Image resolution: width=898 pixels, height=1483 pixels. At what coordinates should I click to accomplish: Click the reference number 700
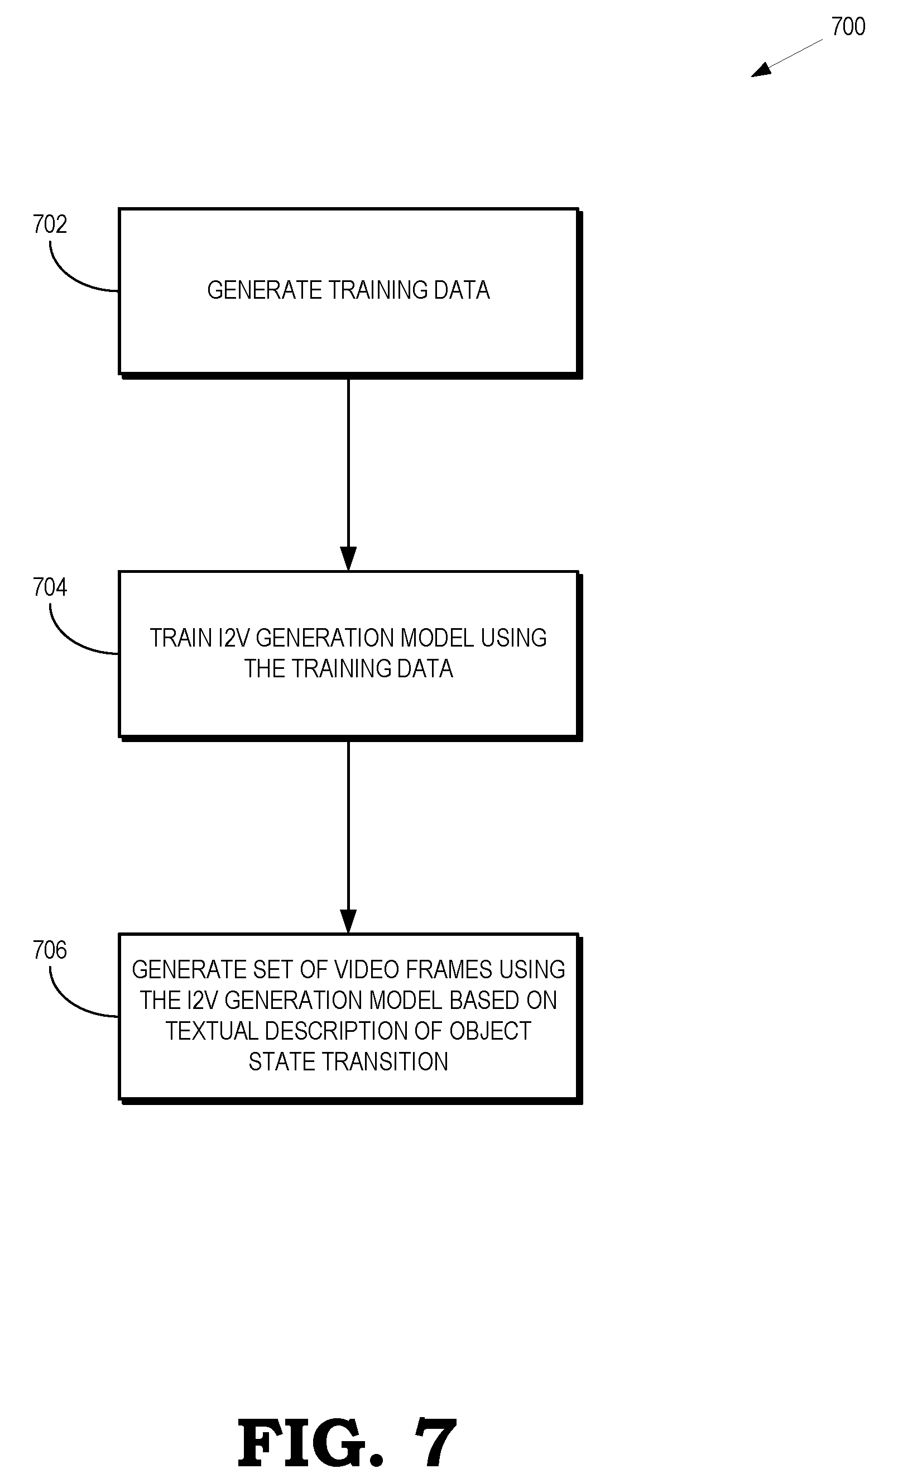pyautogui.click(x=848, y=26)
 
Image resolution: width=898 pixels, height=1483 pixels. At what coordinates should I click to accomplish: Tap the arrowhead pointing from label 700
pyautogui.click(x=761, y=70)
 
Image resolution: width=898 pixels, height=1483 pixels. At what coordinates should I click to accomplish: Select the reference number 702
pyautogui.click(x=50, y=224)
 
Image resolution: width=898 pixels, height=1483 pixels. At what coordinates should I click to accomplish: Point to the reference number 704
pyautogui.click(x=50, y=587)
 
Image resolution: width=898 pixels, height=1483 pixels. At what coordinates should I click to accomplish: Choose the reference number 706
pyautogui.click(x=50, y=950)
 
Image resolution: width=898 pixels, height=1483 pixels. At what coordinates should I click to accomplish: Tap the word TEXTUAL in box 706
pyautogui.click(x=212, y=1031)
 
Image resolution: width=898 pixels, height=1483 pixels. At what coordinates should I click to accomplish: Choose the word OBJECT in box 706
pyautogui.click(x=490, y=1031)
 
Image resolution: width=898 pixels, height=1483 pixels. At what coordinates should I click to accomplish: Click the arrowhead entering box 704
pyautogui.click(x=348, y=558)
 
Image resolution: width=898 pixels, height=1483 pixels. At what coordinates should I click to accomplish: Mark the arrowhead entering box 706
pyautogui.click(x=348, y=921)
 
